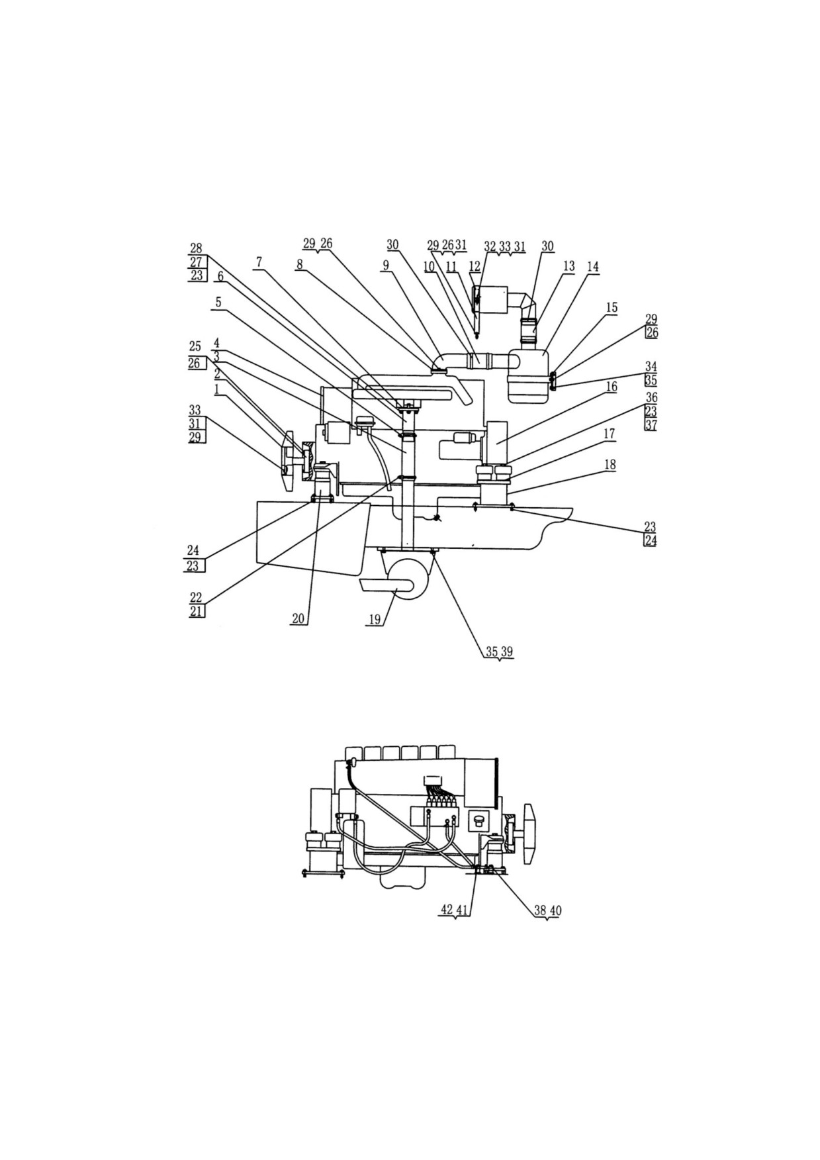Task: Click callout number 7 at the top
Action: [x=259, y=263]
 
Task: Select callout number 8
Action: [x=300, y=264]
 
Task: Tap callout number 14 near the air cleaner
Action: [x=592, y=266]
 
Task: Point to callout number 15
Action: [x=612, y=308]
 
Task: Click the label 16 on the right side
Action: [x=611, y=386]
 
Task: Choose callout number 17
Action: [x=609, y=434]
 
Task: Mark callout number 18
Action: [x=610, y=464]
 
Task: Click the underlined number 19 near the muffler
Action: [x=375, y=619]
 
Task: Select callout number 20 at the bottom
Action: [x=298, y=618]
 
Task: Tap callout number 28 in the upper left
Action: [x=196, y=248]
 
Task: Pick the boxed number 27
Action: [x=196, y=262]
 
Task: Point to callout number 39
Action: [x=507, y=652]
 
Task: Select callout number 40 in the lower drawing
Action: [x=555, y=910]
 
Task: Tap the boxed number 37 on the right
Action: [x=651, y=425]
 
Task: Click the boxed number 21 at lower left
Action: [x=197, y=611]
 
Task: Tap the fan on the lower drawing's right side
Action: [x=529, y=834]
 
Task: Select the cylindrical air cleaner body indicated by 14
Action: [x=528, y=375]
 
